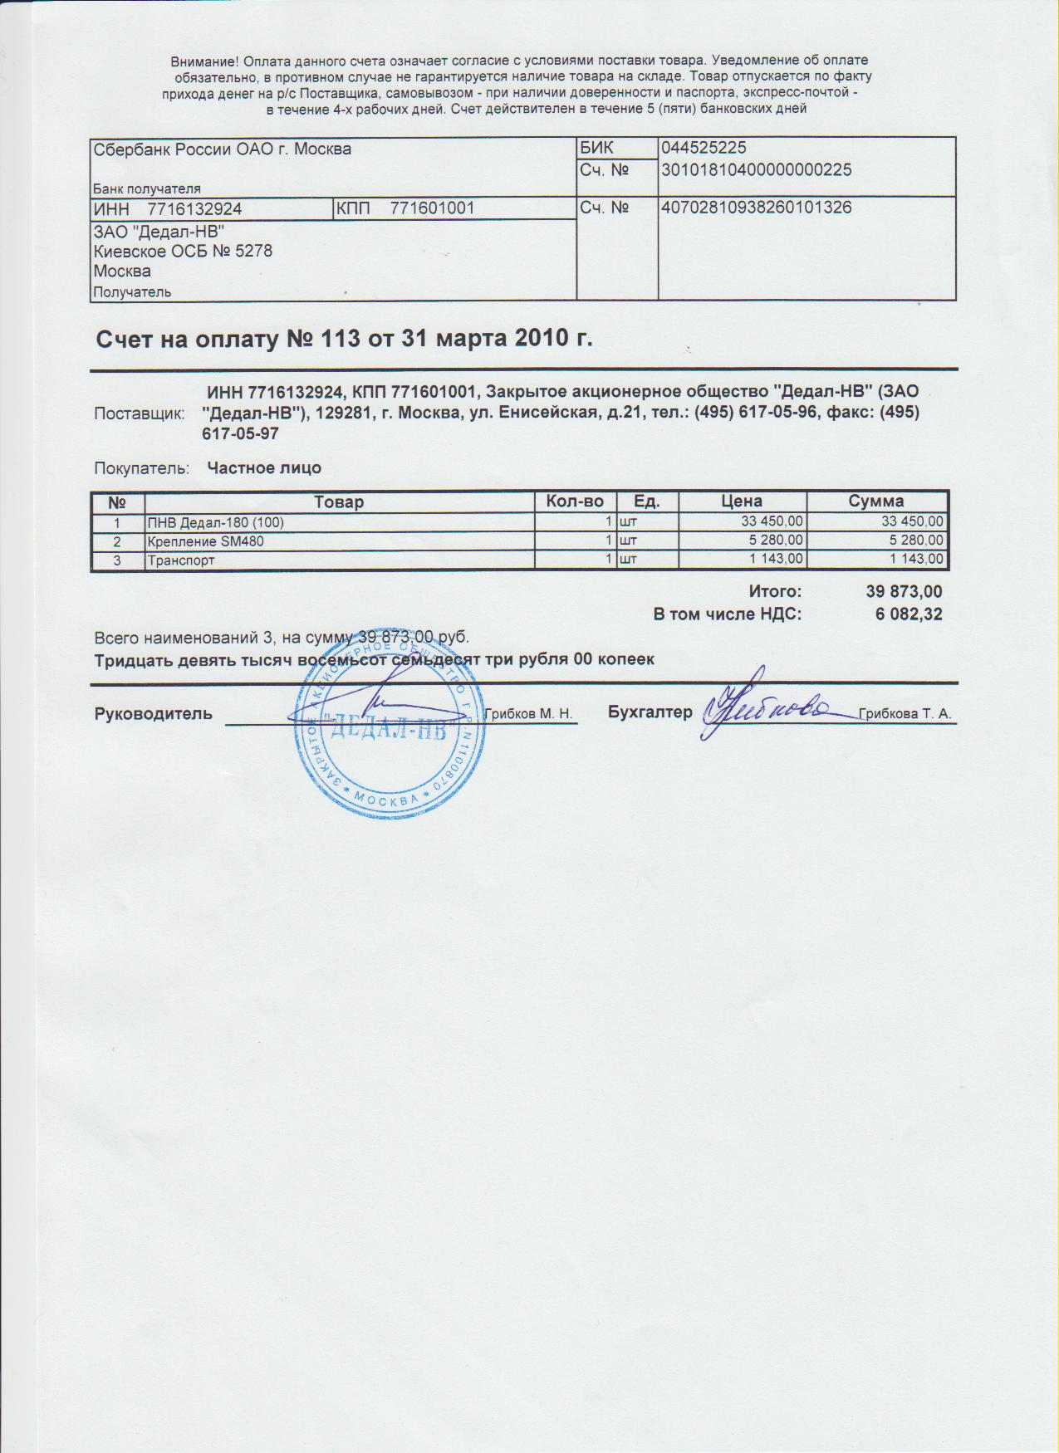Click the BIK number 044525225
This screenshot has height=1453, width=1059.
click(x=704, y=148)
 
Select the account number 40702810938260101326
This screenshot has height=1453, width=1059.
click(x=756, y=208)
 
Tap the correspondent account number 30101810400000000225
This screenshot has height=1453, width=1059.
click(x=756, y=170)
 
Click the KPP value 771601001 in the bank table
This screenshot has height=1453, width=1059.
click(x=432, y=208)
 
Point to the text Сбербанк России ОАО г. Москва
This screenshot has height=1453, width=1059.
click(x=223, y=149)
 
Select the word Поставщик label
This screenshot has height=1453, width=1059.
click(x=139, y=413)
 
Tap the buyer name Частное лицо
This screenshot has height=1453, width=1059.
click(x=263, y=468)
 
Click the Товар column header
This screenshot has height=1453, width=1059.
click(x=339, y=501)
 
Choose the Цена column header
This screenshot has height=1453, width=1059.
click(x=742, y=501)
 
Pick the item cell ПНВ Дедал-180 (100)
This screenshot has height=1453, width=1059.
click(x=215, y=522)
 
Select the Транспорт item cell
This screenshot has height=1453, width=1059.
click(x=181, y=560)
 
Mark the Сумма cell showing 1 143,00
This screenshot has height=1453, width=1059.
click(x=917, y=560)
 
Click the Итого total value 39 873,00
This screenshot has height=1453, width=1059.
click(x=904, y=592)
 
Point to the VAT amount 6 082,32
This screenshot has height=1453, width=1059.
click(x=909, y=614)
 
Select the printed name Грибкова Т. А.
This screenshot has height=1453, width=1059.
click(x=905, y=714)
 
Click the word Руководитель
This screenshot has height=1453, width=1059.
click(x=154, y=714)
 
